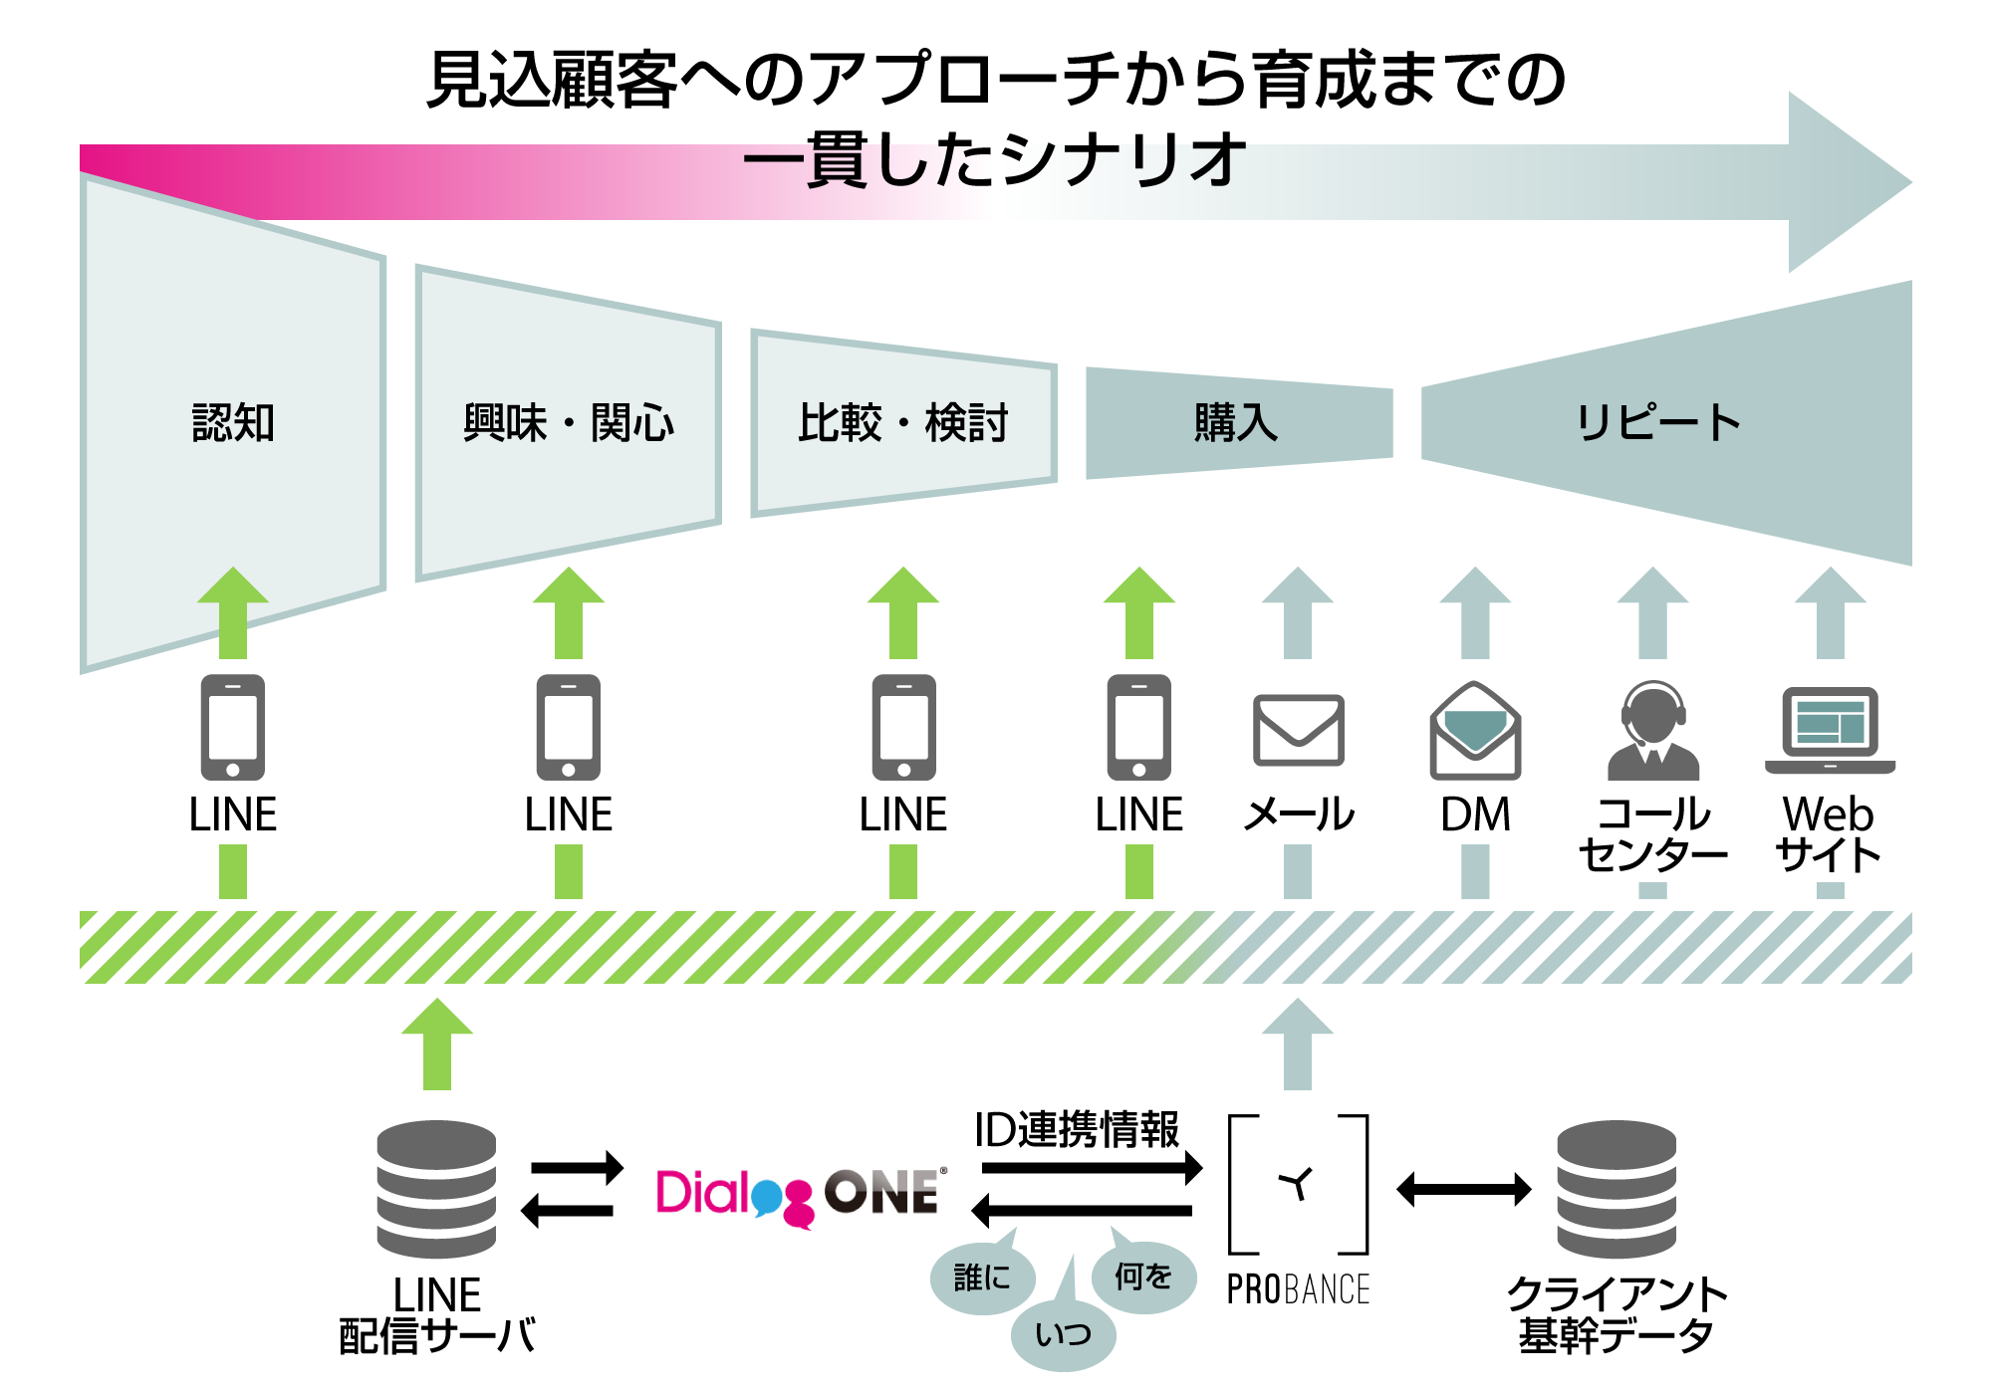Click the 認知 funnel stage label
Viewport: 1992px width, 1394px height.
(x=233, y=422)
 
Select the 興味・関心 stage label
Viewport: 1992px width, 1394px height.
(x=569, y=422)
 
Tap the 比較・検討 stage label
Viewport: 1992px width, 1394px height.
(x=903, y=422)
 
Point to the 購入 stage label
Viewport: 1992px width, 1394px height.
(x=1236, y=422)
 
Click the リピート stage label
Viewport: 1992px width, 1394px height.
(x=1658, y=422)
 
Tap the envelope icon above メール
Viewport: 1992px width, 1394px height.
(x=1298, y=730)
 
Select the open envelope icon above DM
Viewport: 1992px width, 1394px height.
(x=1475, y=730)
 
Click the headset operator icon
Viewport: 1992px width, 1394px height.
(x=1653, y=730)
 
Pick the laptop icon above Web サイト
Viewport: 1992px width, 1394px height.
(x=1831, y=730)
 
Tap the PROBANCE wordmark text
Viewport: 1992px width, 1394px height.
(x=1298, y=1289)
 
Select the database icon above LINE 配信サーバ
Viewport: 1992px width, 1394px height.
(x=436, y=1189)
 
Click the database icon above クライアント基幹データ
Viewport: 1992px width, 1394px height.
(x=1617, y=1189)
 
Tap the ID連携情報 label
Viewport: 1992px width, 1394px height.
(x=1077, y=1130)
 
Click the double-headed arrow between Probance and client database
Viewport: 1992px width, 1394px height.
(x=1464, y=1189)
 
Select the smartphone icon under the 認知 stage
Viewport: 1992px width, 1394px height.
(x=233, y=727)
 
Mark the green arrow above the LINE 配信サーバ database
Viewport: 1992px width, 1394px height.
(x=436, y=1044)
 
